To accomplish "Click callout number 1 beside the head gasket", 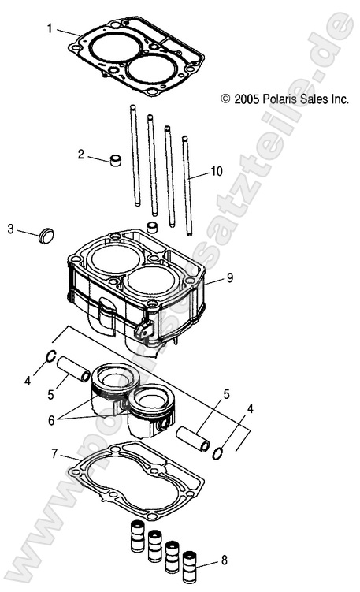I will [50, 28].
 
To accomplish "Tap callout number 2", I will [81, 155].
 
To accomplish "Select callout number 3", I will [11, 229].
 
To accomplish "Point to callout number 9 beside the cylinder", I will [229, 277].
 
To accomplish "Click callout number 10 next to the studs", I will [217, 171].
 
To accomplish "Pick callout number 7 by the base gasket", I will [54, 454].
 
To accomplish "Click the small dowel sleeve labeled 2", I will [117, 162].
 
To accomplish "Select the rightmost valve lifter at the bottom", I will [189, 564].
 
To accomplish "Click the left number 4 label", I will [28, 381].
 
